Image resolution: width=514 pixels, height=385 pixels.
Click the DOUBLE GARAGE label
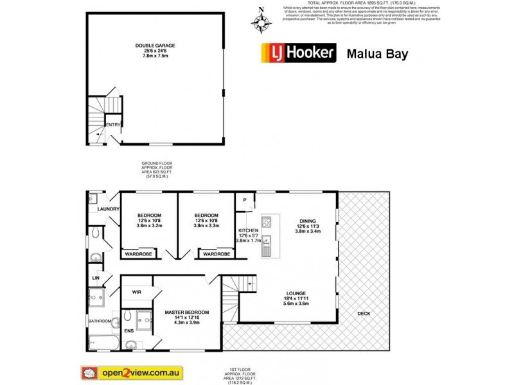(155, 46)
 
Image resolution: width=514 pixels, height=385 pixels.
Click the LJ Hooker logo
(297, 53)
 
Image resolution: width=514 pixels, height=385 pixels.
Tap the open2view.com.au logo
(132, 372)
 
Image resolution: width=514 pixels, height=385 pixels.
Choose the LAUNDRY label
(105, 209)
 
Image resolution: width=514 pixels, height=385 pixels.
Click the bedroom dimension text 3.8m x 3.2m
(149, 226)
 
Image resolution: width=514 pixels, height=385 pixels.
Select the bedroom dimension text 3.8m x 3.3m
(207, 226)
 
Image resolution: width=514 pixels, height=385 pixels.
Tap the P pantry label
(245, 200)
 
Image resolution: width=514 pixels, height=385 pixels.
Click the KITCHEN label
(248, 230)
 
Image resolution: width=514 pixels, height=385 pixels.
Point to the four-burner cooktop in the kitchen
(267, 224)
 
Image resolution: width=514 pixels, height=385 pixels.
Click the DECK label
(364, 313)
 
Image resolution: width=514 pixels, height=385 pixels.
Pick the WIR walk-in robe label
(136, 292)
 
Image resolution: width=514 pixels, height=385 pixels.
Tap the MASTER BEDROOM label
(187, 312)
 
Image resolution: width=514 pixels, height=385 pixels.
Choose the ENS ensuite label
(129, 331)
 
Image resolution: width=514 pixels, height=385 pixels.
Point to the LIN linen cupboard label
(96, 277)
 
